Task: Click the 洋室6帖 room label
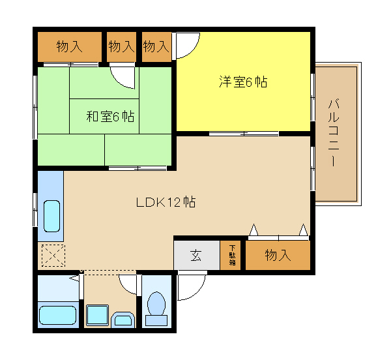243,82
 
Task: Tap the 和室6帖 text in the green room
110,116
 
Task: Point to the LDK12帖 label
166,202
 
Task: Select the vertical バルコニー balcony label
334,132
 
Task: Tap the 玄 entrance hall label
196,255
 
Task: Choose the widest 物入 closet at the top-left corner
70,47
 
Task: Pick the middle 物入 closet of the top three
122,47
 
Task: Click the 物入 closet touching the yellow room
156,47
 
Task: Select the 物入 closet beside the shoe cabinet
278,255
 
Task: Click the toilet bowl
156,309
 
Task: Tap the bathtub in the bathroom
57,315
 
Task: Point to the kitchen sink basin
51,216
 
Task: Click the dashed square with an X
53,256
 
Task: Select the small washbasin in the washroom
123,320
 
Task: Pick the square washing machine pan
97,315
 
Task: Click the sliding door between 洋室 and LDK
244,134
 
